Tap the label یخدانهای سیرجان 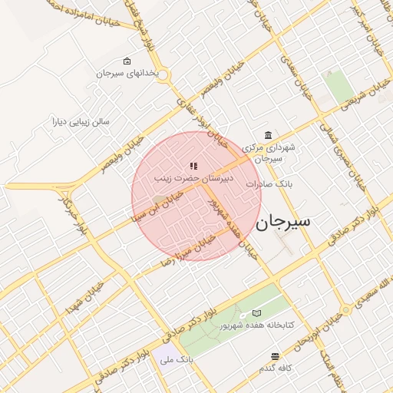click(127, 74)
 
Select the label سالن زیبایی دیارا click(81, 121)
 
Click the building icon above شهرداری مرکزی click(268, 134)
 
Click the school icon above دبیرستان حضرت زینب click(193, 165)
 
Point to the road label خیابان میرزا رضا click(189, 250)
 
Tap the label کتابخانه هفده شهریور click(257, 325)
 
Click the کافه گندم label click(276, 368)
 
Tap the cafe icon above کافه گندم click(276, 356)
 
